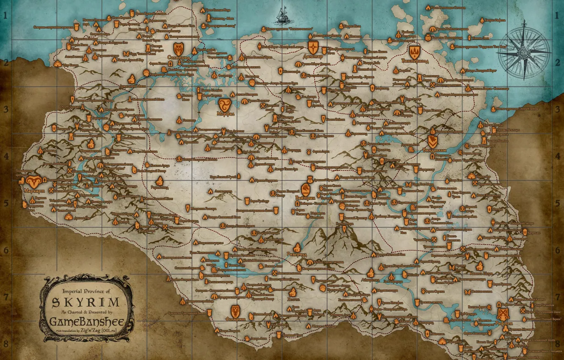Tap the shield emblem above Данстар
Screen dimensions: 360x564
tap(313, 46)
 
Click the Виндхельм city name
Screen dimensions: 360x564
tap(434, 150)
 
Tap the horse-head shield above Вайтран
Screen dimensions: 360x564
tap(306, 188)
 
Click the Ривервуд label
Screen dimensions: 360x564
tap(298, 255)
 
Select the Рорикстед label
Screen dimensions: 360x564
tap(159, 187)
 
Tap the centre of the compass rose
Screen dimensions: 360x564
tap(524, 53)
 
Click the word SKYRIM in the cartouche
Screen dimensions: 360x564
tap(85, 302)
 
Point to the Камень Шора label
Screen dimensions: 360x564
tap(481, 274)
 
